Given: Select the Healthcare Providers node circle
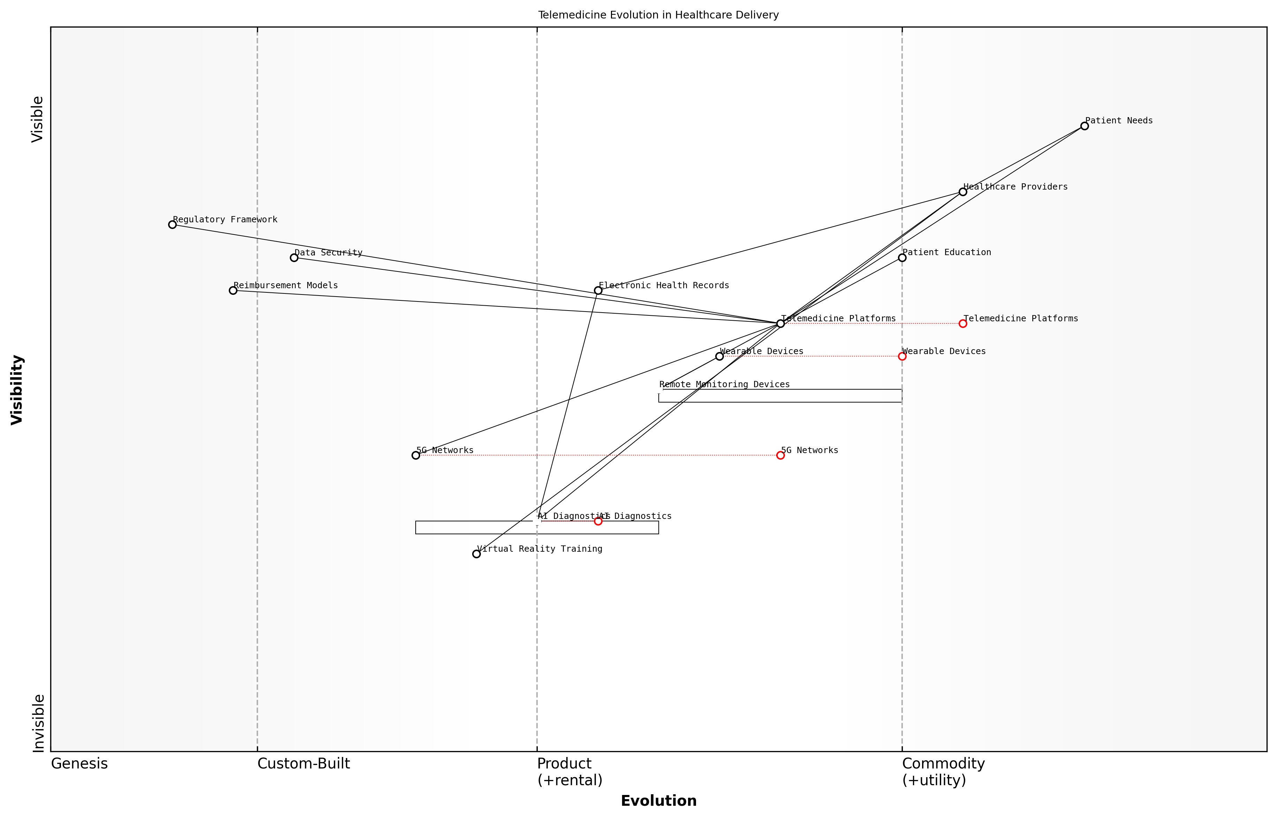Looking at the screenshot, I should click(962, 192).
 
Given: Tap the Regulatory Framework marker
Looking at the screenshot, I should click(172, 224).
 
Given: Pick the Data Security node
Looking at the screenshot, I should click(294, 258).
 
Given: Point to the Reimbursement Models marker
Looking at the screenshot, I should click(233, 290).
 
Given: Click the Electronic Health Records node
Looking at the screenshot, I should click(598, 290).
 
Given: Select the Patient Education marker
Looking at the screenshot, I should click(902, 258).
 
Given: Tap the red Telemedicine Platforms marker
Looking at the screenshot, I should click(962, 323).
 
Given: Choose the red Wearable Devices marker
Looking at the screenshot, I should click(902, 356).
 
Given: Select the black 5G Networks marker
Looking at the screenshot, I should click(416, 455).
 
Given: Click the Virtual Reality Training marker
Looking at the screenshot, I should click(476, 554).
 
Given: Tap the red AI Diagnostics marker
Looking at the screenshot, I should click(598, 521).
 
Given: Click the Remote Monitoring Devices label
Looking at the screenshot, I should click(724, 384).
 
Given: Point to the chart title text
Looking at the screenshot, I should click(658, 15).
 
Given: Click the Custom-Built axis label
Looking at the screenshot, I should click(303, 764).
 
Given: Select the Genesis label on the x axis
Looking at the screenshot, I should click(79, 764).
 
